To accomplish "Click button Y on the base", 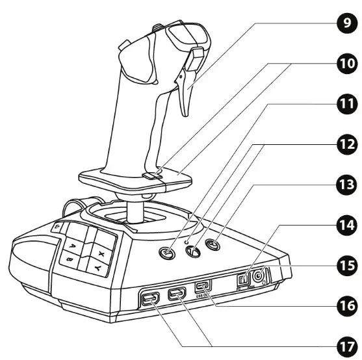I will click(97, 267).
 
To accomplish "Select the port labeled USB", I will click(203, 286).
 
